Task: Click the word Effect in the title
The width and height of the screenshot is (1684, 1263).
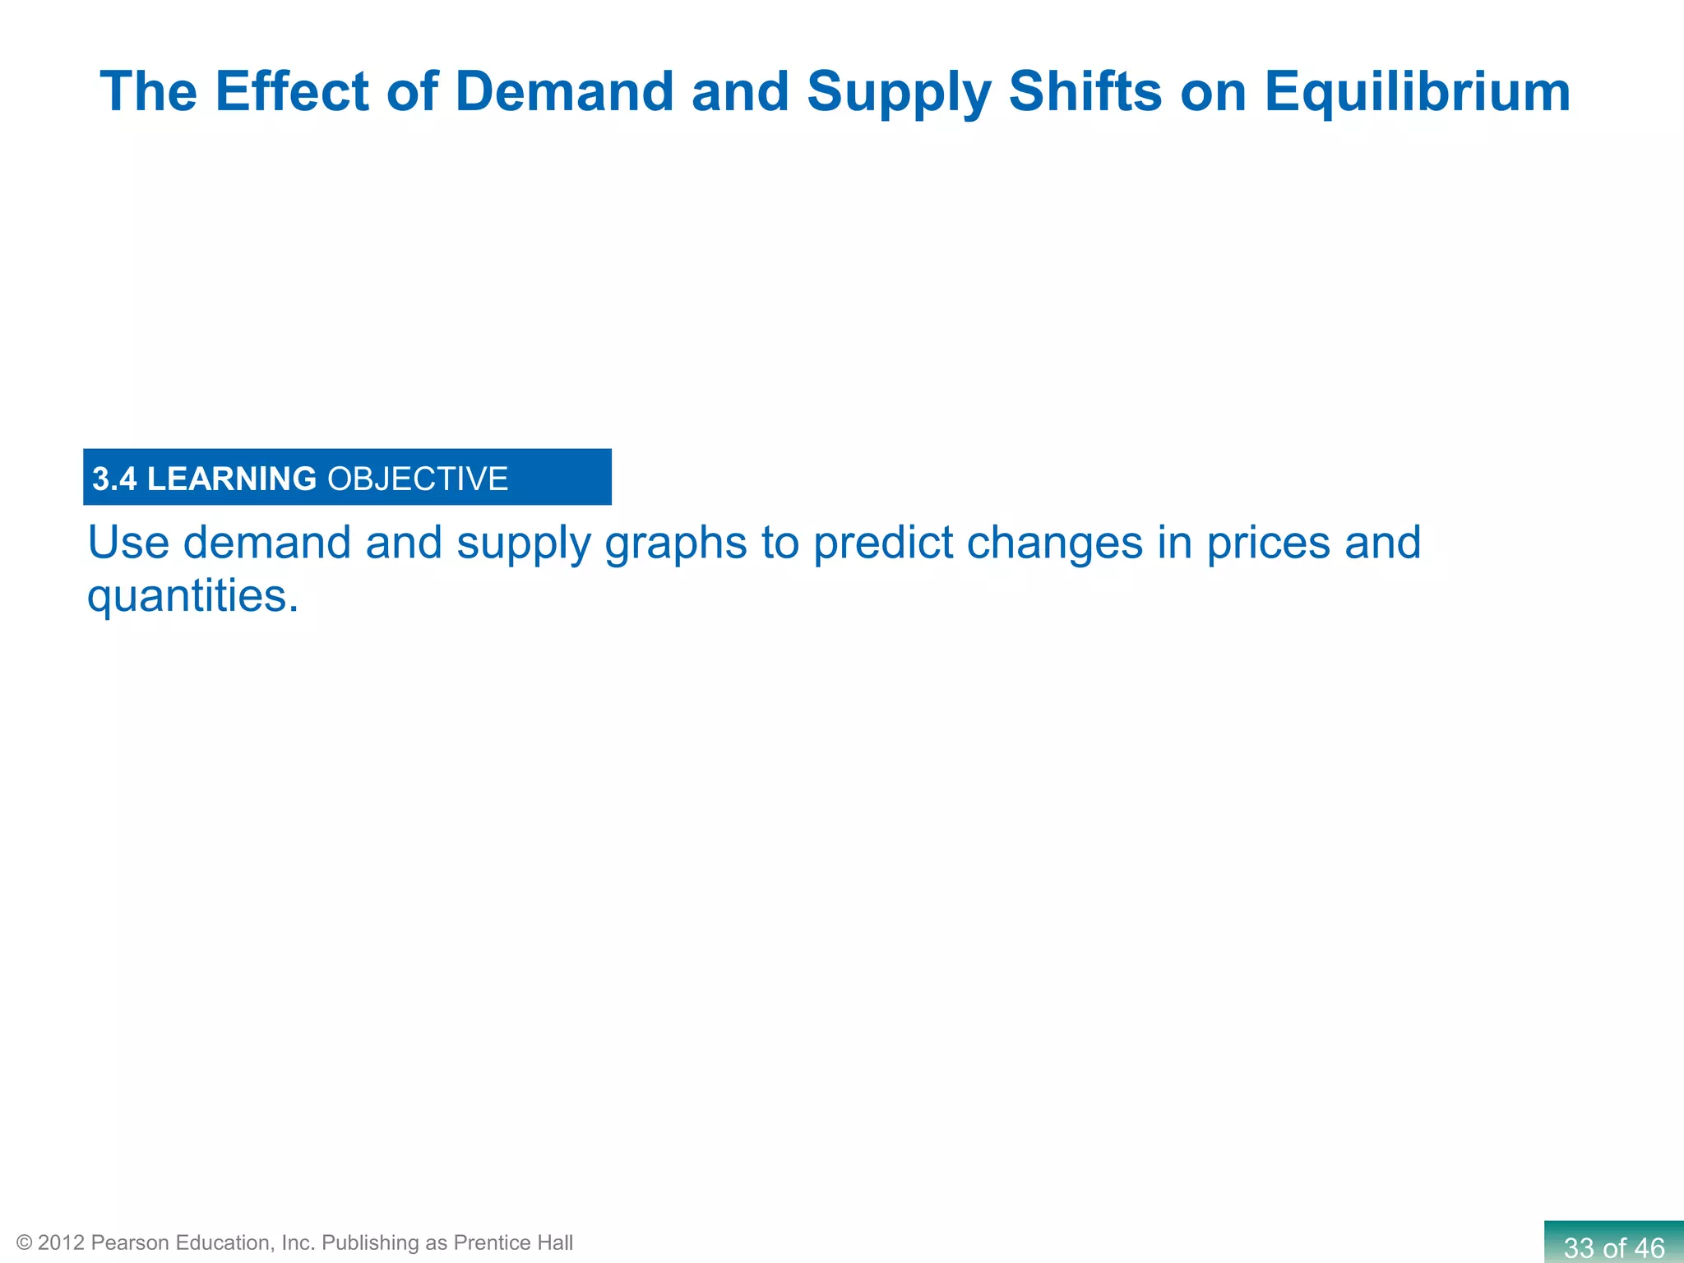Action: (291, 90)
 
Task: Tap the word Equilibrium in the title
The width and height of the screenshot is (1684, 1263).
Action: (1417, 92)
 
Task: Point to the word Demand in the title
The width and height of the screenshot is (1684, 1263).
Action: (564, 90)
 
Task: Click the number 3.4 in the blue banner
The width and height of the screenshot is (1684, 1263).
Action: (114, 479)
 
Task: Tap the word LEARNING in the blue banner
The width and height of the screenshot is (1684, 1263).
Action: (231, 479)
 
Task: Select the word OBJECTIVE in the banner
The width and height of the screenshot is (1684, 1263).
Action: (418, 479)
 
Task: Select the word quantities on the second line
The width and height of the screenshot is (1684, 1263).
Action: (192, 596)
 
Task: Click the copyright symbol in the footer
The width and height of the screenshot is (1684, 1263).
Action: (24, 1242)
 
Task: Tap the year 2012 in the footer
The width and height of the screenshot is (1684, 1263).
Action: (61, 1242)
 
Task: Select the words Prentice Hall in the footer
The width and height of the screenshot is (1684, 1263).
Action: (513, 1242)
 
